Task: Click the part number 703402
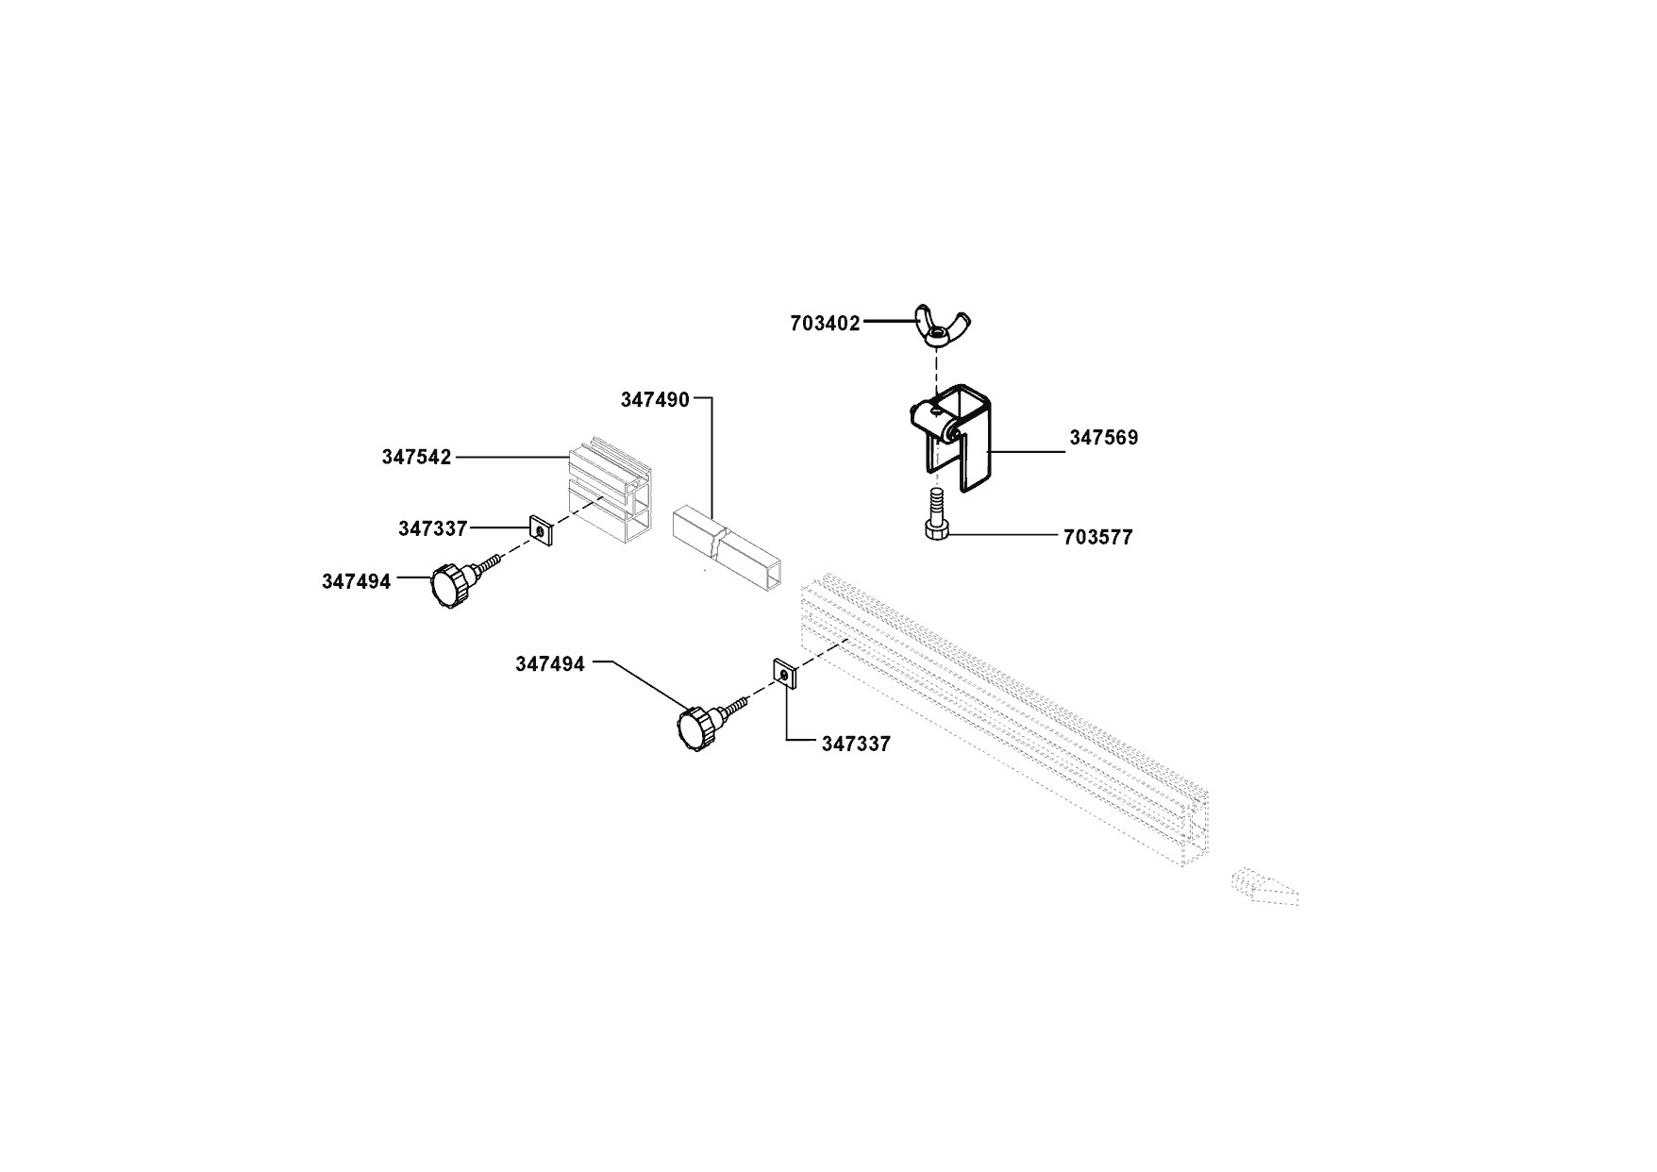click(825, 324)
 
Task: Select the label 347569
click(1103, 438)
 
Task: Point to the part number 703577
click(1097, 538)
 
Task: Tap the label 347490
click(655, 399)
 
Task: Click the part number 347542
click(416, 458)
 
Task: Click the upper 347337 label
click(432, 528)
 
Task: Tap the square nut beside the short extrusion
click(541, 532)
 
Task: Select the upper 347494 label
click(356, 581)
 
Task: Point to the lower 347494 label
click(549, 664)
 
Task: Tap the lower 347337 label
click(855, 745)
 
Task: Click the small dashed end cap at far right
click(1265, 888)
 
